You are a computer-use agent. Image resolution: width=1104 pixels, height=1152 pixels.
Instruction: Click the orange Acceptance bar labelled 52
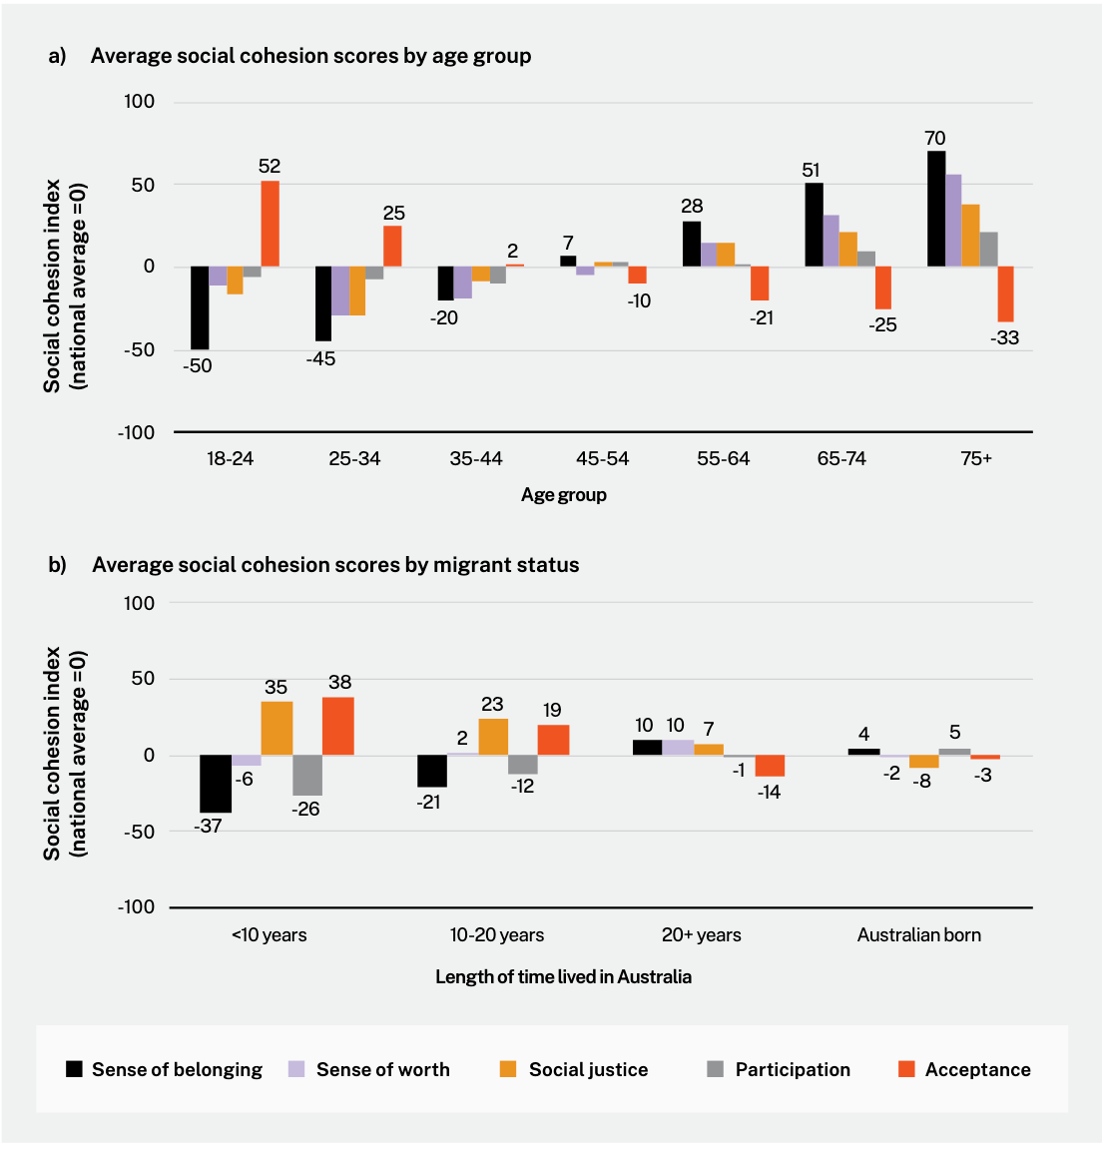coord(270,224)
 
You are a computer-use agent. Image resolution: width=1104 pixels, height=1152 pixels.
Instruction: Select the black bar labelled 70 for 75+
coord(936,209)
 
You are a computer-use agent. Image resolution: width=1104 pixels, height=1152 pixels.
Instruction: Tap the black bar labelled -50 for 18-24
coord(200,307)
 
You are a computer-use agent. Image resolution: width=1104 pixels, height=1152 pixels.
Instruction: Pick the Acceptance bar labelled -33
coord(1005,293)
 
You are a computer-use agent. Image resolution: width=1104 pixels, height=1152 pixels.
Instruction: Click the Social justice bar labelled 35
coord(276,728)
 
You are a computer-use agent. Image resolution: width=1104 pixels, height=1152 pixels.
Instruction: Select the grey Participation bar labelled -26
coord(307,775)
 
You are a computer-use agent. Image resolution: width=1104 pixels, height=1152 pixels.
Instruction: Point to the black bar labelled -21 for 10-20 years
coord(432,771)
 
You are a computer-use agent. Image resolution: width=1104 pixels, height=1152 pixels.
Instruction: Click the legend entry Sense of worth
coord(382,1069)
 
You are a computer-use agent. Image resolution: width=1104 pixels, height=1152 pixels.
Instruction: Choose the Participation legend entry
coord(793,1069)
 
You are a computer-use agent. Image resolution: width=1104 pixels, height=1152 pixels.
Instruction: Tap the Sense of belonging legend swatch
coord(75,1069)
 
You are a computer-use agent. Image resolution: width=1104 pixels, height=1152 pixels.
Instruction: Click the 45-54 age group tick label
coord(602,458)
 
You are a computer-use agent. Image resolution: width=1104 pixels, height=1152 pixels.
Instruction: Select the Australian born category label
coord(918,934)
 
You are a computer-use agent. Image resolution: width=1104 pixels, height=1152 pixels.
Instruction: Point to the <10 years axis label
coord(270,934)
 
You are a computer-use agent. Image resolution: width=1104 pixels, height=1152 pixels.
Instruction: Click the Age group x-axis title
coord(563,494)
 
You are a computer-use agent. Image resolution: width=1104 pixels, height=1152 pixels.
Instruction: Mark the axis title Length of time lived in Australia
coord(563,976)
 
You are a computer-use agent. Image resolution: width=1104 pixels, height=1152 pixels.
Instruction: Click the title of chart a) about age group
coord(310,56)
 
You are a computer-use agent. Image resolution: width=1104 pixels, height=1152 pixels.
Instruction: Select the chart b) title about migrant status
coord(335,565)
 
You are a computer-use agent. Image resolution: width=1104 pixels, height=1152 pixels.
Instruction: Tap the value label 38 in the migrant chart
coord(339,683)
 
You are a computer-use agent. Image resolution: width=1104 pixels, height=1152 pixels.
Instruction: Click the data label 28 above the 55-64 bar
coord(692,206)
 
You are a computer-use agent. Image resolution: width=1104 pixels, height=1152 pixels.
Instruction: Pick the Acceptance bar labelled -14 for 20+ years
coord(770,766)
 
